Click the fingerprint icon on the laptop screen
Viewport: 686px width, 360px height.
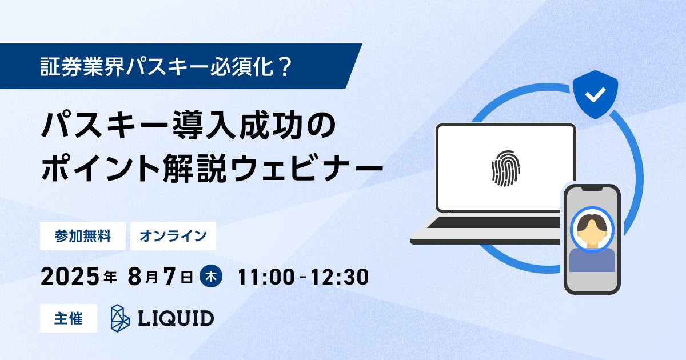(505, 169)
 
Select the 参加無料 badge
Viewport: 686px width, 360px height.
(83, 236)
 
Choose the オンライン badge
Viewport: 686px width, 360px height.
(173, 236)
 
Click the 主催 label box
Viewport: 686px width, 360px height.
(69, 318)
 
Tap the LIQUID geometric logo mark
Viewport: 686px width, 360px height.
(120, 318)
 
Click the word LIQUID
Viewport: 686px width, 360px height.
(176, 318)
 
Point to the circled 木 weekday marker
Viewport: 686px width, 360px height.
(211, 277)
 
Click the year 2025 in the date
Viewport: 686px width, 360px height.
(70, 277)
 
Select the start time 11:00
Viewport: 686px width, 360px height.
(266, 277)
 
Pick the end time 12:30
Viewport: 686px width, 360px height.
(340, 277)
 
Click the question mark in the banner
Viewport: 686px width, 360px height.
(285, 66)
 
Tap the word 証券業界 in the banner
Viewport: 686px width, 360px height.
(83, 66)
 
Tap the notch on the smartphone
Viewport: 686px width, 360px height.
(592, 188)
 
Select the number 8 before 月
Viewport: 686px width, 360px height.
(135, 277)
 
